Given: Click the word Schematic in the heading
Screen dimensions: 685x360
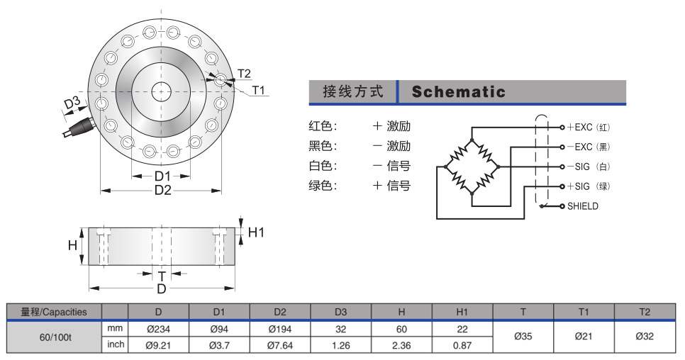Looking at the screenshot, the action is pos(458,91).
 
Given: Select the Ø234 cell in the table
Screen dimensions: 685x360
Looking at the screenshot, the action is pos(158,329).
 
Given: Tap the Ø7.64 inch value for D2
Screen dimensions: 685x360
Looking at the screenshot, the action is pos(280,346).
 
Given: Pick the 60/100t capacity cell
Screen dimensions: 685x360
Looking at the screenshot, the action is pos(55,337).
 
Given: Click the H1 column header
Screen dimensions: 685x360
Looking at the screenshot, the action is pos(462,312).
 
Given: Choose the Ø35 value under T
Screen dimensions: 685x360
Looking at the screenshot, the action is pos(523,337).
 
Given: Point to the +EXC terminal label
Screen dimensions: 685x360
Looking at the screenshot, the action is pos(579,127).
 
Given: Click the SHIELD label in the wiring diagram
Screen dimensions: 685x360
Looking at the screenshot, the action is pos(582,206).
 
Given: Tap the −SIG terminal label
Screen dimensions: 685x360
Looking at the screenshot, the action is pos(579,167).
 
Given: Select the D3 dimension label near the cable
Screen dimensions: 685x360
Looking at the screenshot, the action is pos(72,103).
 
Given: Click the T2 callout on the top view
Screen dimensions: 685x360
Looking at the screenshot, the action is pos(244,73).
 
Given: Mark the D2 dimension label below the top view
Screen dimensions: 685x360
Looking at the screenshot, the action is pos(162,190).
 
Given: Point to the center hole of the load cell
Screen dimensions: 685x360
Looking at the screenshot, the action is pos(161,91).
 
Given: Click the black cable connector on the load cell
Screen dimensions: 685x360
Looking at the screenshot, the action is pos(79,127).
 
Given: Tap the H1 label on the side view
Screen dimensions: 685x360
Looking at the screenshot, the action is pos(256,232).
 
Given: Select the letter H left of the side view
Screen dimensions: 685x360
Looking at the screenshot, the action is pos(72,245).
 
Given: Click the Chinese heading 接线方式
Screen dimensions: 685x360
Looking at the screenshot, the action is pos(353,91).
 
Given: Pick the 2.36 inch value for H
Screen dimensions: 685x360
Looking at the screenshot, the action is pos(401,346).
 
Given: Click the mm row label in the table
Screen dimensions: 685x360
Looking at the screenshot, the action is pos(115,328).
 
